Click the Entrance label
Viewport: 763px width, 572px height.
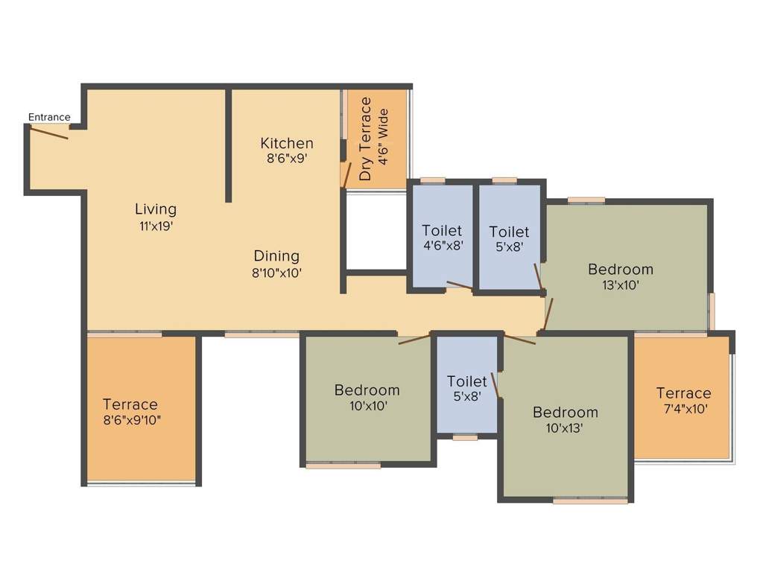pos(49,117)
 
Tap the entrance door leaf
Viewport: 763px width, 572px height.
pos(49,133)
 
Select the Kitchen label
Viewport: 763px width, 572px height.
pos(287,143)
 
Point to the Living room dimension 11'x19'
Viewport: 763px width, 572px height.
pos(156,225)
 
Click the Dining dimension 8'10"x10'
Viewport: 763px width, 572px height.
pos(276,273)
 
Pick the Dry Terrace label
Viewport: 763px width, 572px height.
pos(365,139)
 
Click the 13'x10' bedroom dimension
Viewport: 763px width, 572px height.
pos(620,285)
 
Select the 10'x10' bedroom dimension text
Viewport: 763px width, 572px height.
pos(367,406)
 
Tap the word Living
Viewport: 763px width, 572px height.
pos(156,209)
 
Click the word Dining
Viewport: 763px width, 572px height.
pos(276,256)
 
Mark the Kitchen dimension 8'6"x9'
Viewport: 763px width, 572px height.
pos(287,159)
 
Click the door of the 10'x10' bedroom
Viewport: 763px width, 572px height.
pos(414,340)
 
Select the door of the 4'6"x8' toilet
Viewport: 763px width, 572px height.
pos(459,285)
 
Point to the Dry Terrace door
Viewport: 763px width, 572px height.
pos(346,174)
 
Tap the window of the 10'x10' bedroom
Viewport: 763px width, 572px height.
pos(343,466)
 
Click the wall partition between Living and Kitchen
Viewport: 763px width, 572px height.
pos(229,145)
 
